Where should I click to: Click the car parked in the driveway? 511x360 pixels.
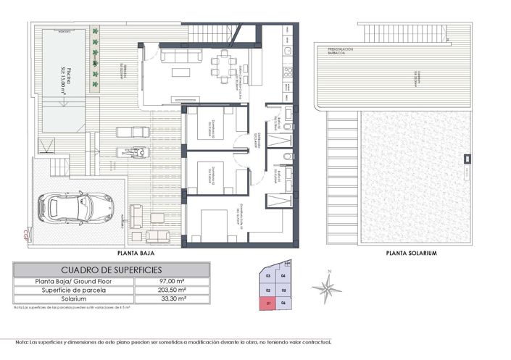(x=76, y=209)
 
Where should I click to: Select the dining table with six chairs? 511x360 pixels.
(x=223, y=63)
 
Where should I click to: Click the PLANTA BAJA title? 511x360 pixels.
(x=137, y=254)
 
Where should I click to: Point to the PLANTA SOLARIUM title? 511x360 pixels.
(x=412, y=254)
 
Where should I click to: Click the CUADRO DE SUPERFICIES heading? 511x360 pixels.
(x=111, y=270)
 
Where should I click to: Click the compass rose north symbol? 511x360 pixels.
(x=327, y=288)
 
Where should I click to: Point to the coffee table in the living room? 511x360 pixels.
(x=178, y=72)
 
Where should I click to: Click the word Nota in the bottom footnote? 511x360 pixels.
(x=22, y=342)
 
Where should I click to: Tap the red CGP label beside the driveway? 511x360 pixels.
(x=25, y=233)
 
